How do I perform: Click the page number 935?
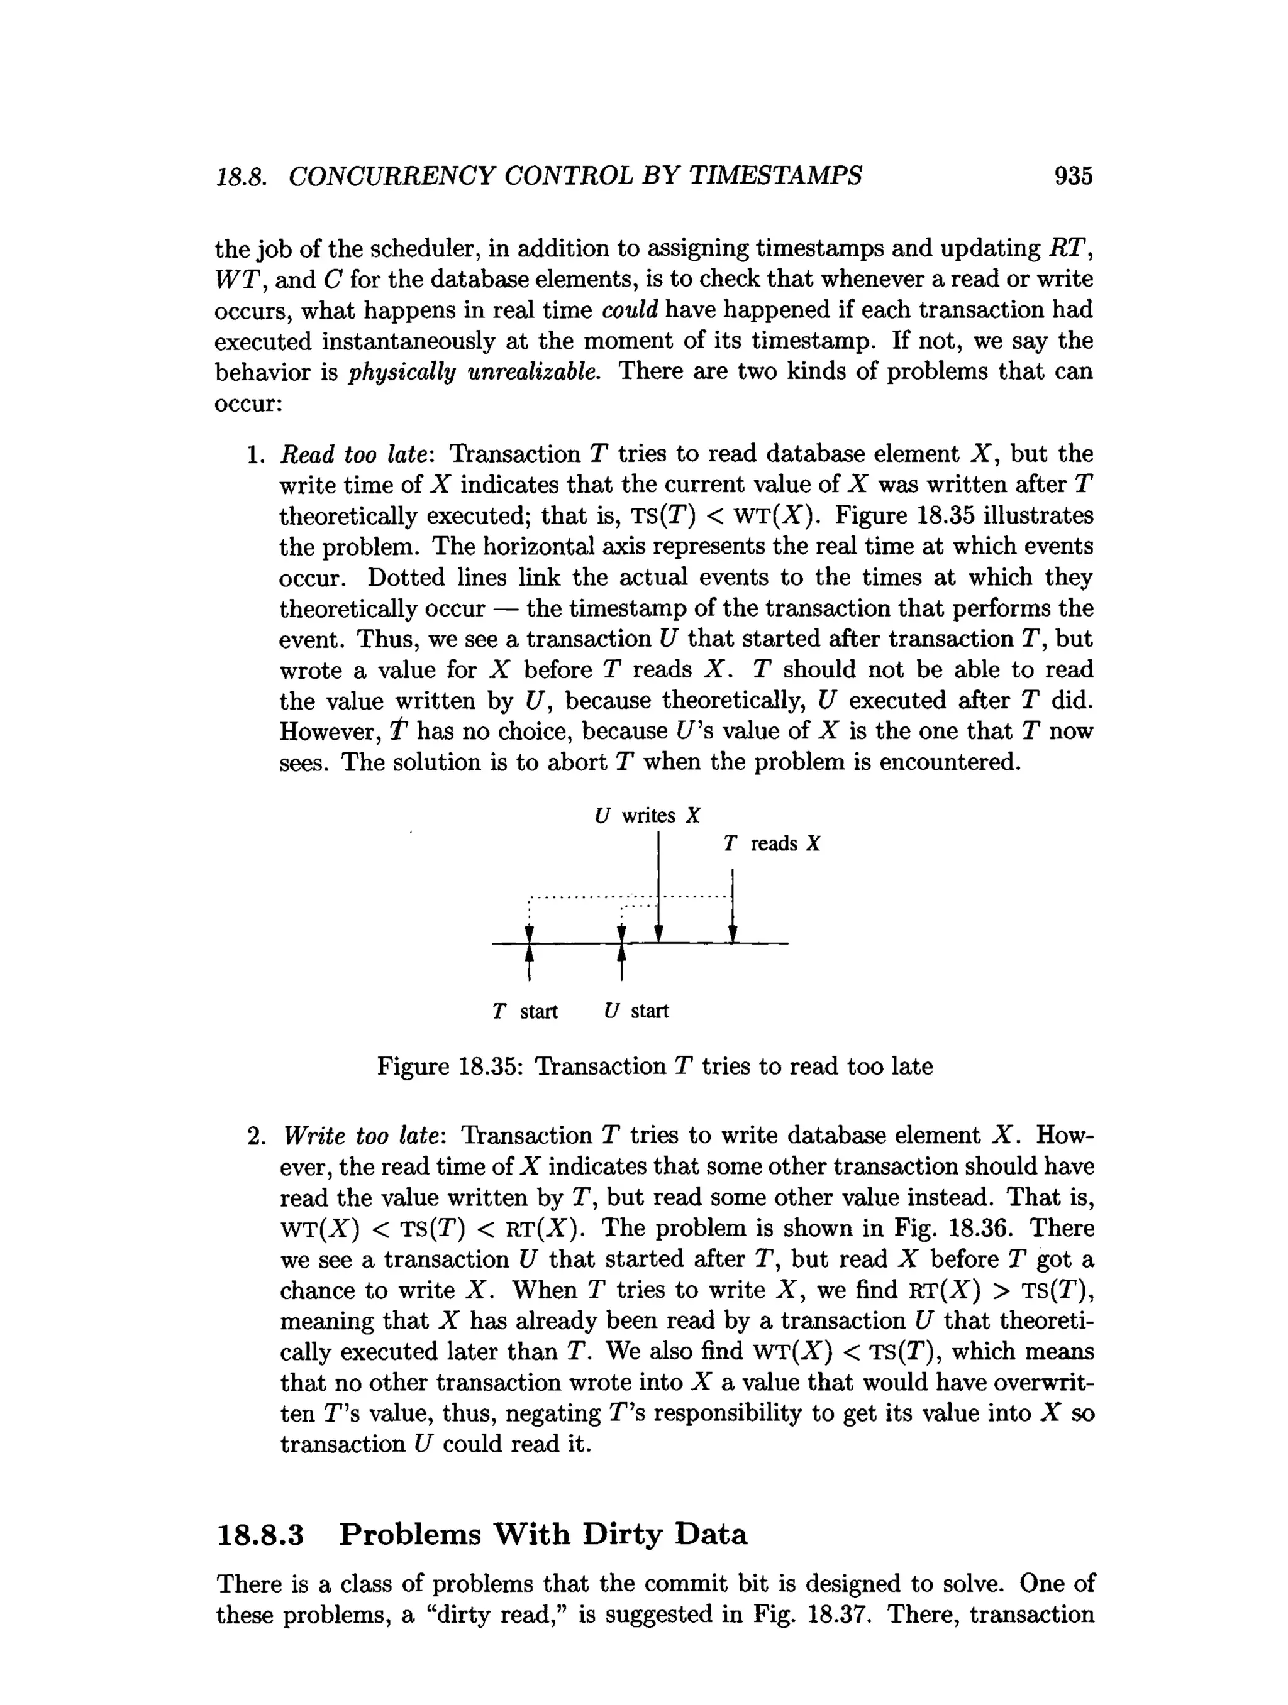click(x=1073, y=177)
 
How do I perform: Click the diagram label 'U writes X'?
click(x=647, y=816)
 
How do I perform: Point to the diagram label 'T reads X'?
click(x=771, y=843)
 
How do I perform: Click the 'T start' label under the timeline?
click(x=525, y=1011)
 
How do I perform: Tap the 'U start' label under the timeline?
click(x=636, y=1011)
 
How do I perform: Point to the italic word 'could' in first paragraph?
click(x=630, y=310)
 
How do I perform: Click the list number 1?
click(x=255, y=455)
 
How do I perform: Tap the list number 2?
click(x=255, y=1136)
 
